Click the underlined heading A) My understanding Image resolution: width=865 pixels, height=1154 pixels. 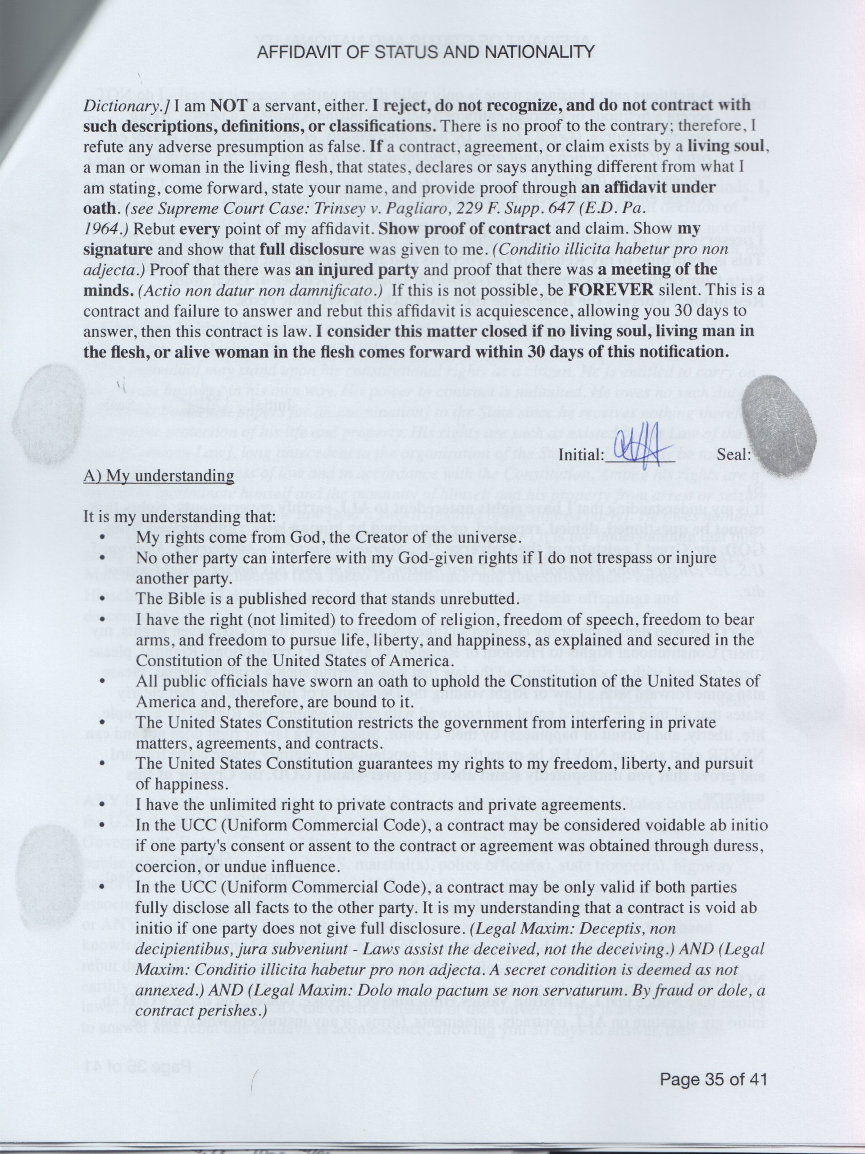click(x=159, y=476)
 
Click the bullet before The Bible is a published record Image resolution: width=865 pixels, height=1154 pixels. click(x=103, y=599)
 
